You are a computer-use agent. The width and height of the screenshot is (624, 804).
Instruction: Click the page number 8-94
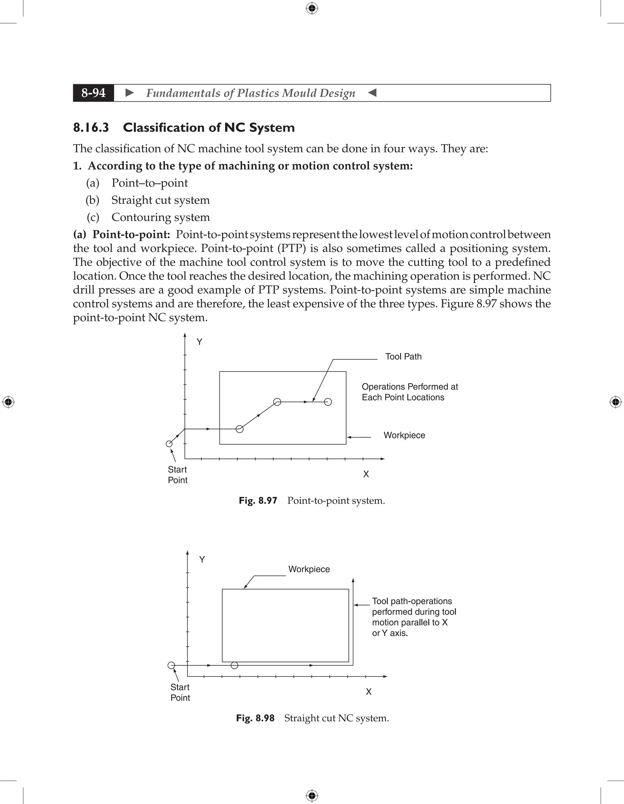pos(94,93)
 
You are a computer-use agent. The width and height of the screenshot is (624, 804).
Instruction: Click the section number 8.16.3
pos(91,127)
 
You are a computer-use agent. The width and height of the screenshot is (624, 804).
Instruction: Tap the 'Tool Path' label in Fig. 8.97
pos(403,356)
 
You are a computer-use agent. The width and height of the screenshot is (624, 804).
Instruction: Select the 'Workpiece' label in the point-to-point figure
pos(404,435)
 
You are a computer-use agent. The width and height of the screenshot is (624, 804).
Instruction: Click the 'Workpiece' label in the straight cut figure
pos(309,569)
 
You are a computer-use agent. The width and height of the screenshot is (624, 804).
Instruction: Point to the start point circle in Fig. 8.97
pos(169,443)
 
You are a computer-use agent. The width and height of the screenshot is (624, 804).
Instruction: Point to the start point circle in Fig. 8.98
pos(171,665)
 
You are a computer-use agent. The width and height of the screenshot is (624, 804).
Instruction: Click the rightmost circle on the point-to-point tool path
pos(328,402)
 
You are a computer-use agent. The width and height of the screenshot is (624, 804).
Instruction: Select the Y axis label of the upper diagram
pos(199,342)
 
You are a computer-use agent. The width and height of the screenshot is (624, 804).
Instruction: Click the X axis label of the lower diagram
pos(368,692)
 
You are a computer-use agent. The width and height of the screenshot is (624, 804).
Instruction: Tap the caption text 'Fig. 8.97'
pos(258,501)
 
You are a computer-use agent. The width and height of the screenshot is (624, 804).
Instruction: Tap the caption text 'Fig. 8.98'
pos(255,718)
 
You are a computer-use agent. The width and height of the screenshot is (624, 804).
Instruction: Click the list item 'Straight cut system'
pos(160,200)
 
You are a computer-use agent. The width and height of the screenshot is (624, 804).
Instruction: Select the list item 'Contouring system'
pos(161,217)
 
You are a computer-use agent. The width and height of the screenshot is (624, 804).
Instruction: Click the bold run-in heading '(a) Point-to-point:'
pos(121,234)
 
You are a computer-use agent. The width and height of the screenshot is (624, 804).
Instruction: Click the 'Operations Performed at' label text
pos(409,386)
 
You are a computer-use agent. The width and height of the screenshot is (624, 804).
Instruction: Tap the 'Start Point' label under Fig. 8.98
pos(180,692)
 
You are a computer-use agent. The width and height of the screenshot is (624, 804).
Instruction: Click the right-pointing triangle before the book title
pos(129,93)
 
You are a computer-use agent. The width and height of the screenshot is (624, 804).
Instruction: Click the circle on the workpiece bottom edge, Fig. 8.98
pos(234,665)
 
